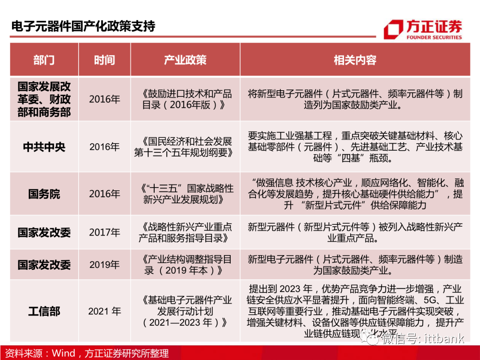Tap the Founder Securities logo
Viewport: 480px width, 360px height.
point(422,29)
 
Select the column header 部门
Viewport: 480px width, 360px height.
point(44,60)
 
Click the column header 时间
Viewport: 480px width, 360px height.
point(104,60)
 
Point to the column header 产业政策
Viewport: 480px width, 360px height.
point(185,60)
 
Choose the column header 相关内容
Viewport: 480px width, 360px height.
point(355,60)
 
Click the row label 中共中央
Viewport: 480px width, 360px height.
point(44,147)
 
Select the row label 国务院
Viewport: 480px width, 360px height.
point(44,194)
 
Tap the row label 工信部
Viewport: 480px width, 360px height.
point(44,311)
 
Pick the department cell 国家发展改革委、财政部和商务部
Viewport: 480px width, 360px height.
point(44,99)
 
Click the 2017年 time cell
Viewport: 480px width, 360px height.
point(104,232)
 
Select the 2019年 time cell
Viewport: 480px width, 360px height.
point(104,264)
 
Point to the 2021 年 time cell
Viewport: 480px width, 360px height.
point(104,311)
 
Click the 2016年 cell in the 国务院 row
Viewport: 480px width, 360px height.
point(104,194)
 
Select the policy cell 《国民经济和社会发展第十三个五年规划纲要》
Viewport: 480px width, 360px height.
point(185,147)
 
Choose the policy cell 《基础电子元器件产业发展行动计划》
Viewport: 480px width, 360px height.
point(185,311)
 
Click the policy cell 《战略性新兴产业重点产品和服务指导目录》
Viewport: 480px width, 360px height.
point(185,232)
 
